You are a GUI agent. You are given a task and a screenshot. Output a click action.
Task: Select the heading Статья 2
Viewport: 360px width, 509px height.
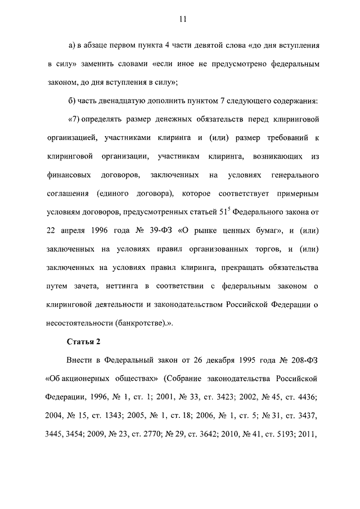point(84,341)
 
